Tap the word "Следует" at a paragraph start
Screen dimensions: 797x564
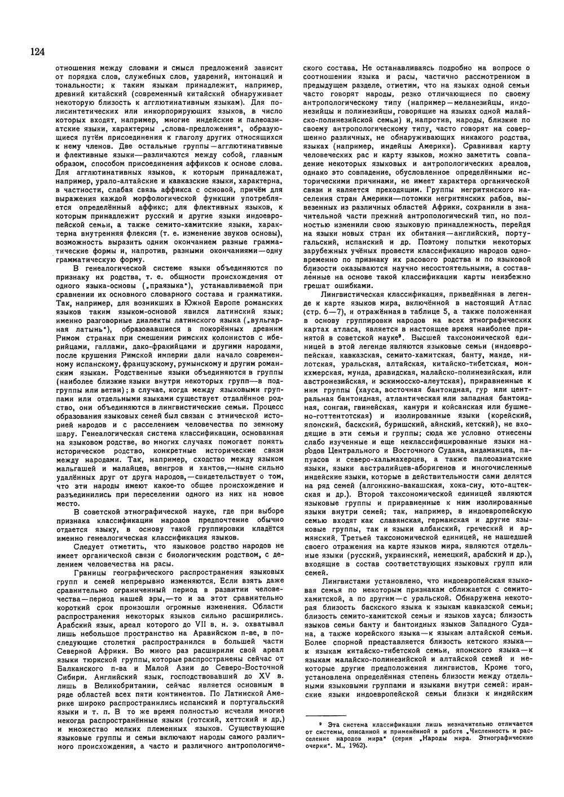coord(89,546)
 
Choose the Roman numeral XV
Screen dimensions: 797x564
coord(267,675)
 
